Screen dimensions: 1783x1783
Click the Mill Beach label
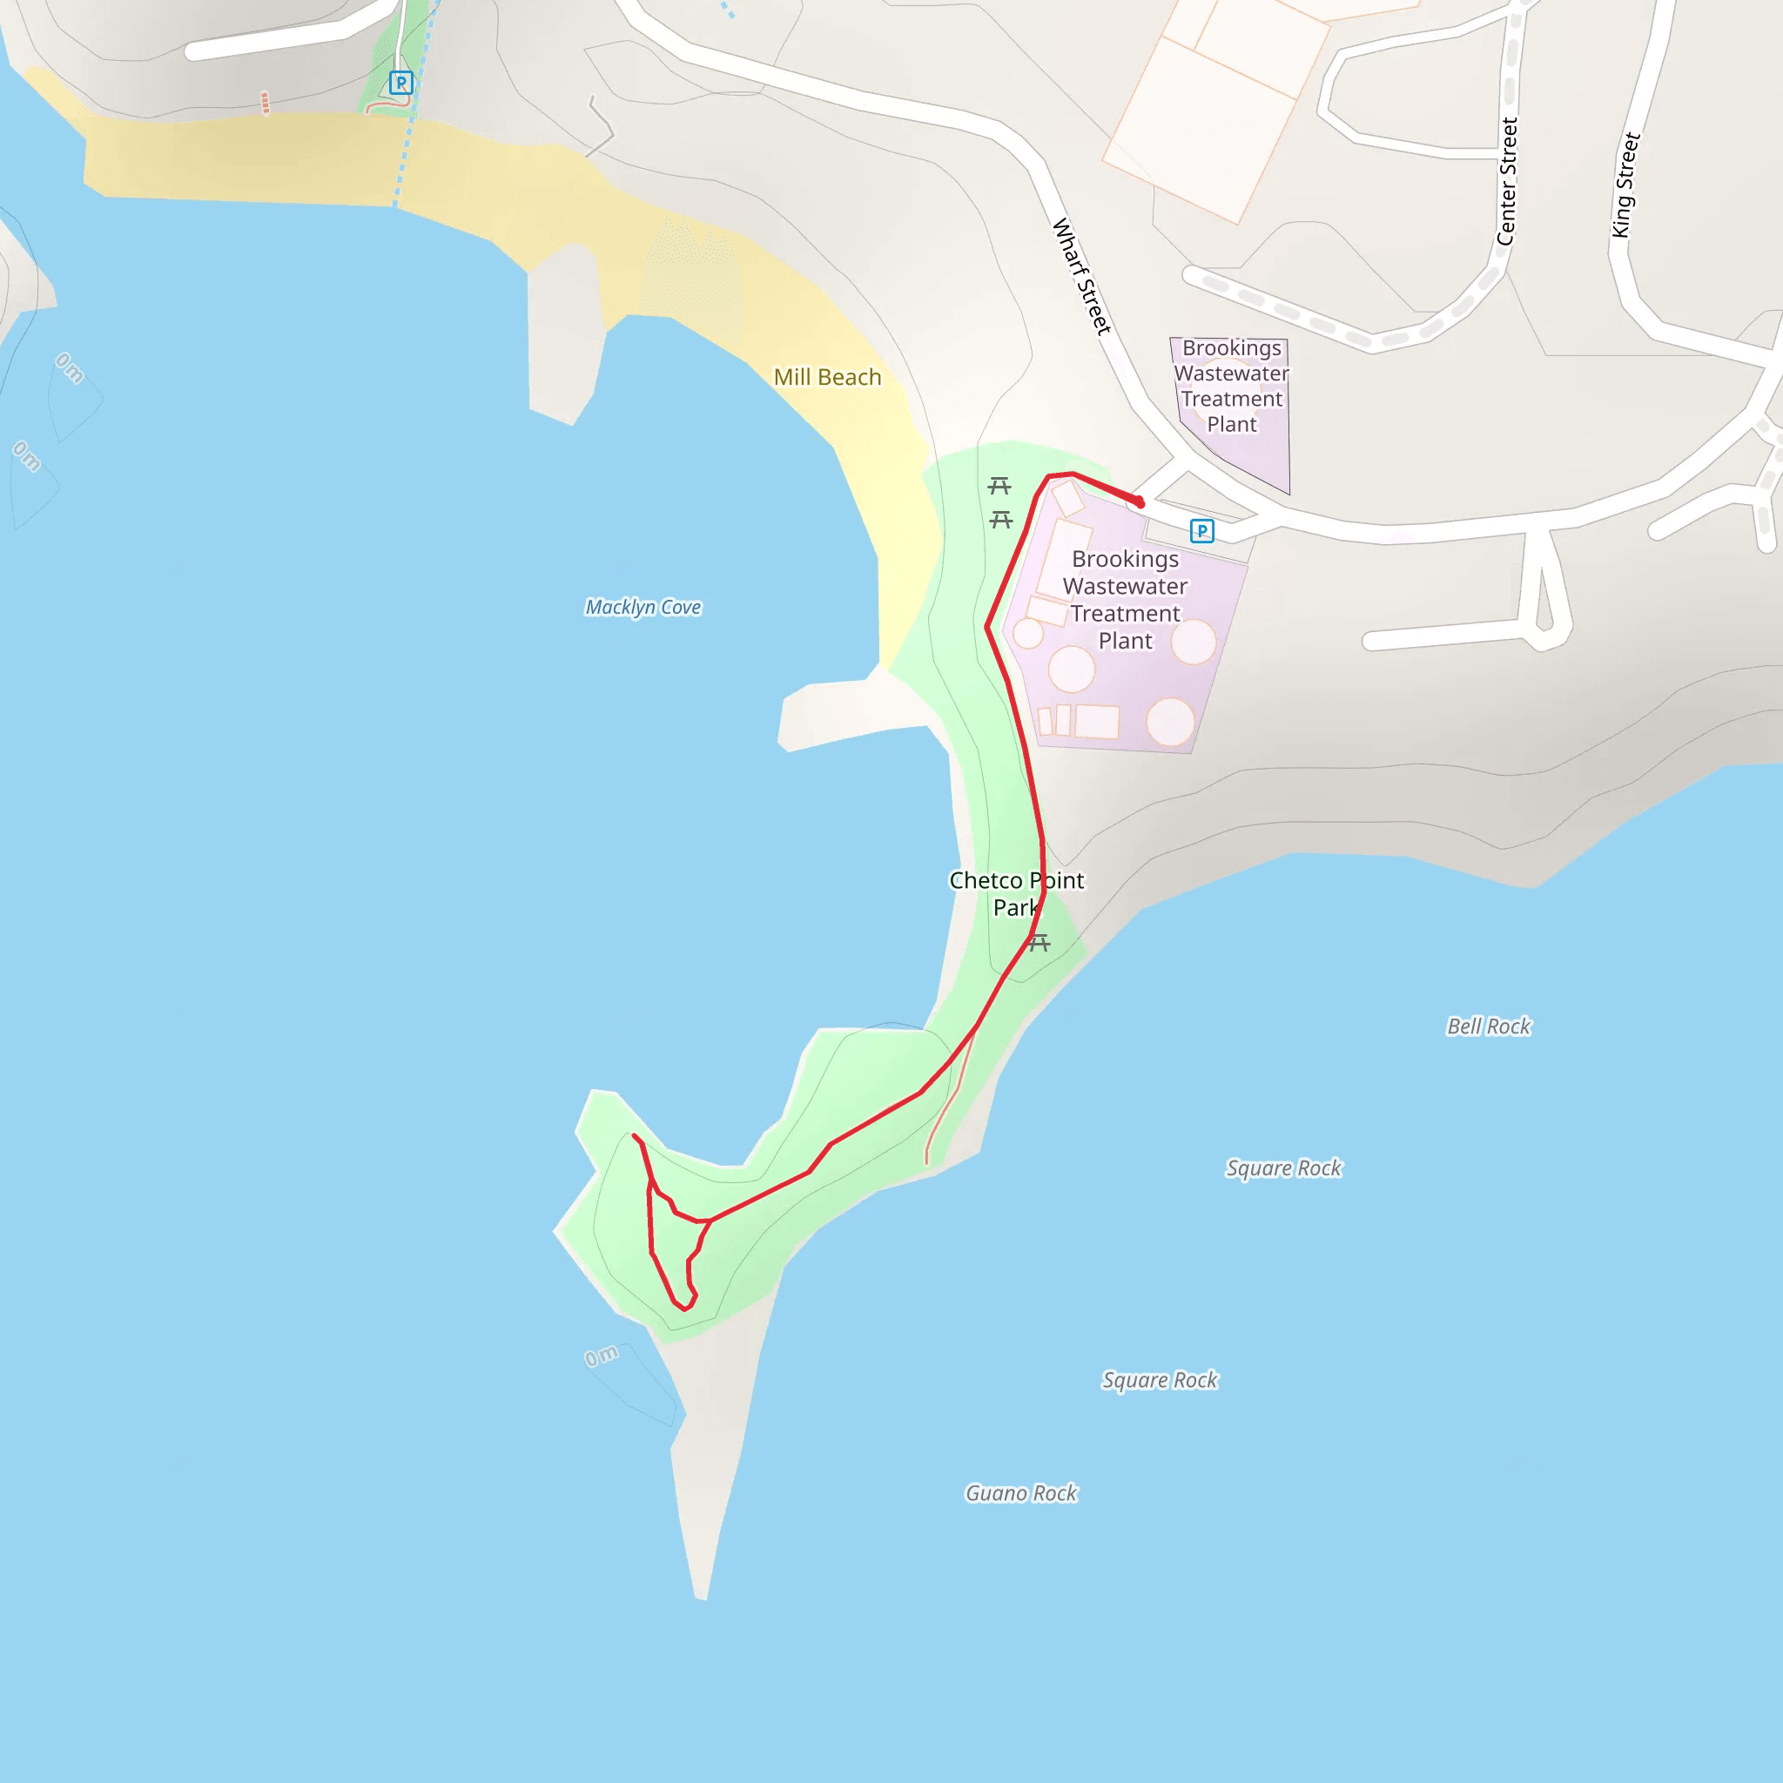[827, 378]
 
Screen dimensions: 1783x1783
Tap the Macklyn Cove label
[643, 608]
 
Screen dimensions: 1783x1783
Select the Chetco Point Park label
[1016, 893]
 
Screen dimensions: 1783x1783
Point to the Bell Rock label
[1488, 1026]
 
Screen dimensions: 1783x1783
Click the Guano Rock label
[1020, 1493]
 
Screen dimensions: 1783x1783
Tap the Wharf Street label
[1080, 276]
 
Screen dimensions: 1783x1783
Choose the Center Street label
[1506, 182]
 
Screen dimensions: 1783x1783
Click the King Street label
[1625, 185]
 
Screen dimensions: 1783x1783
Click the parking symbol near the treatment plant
[1201, 531]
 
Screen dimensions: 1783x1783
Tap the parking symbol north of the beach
[400, 83]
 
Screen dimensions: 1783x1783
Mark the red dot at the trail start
[1140, 503]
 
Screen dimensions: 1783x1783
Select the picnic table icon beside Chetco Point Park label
[1040, 942]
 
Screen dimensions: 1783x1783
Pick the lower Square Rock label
[1160, 1381]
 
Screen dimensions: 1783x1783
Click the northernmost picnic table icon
[999, 486]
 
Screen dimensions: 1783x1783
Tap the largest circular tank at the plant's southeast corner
[1170, 722]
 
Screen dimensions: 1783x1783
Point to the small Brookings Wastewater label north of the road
[1231, 386]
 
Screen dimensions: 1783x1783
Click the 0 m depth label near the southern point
[602, 1356]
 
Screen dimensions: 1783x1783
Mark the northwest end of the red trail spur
[634, 1136]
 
